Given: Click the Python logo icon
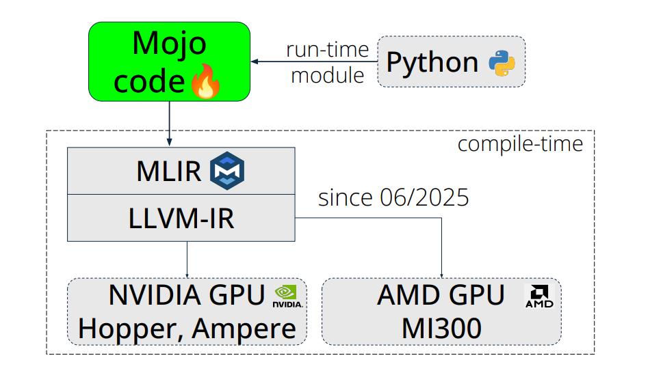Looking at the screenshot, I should pos(502,63).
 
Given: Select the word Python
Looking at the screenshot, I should pos(432,63).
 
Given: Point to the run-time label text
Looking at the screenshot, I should pos(327,50).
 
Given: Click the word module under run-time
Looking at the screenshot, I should pos(327,75).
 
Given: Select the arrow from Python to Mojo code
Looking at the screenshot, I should pos(314,62).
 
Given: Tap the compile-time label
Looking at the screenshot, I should pos(520,144).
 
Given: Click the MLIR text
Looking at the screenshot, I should pos(169,171).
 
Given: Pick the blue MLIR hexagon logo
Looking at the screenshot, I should pos(226,171).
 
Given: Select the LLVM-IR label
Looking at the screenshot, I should pos(181,218).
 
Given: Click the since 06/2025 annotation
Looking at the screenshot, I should pos(393,197).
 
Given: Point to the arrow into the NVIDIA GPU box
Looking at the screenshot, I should pos(187,260).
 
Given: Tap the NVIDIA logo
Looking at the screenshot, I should pos(287,296).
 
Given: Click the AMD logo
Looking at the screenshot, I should pos(538,296).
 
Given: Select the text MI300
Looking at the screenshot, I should pos(441,329).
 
